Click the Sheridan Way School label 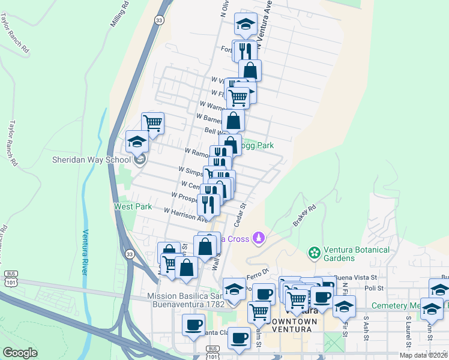[91, 160]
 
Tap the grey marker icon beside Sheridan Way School [139, 160]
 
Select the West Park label [133, 206]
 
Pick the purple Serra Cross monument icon [258, 239]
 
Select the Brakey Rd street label [304, 217]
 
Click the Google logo [20, 353]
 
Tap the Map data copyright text [423, 355]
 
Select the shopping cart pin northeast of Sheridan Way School [152, 122]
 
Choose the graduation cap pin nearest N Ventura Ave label [245, 24]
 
